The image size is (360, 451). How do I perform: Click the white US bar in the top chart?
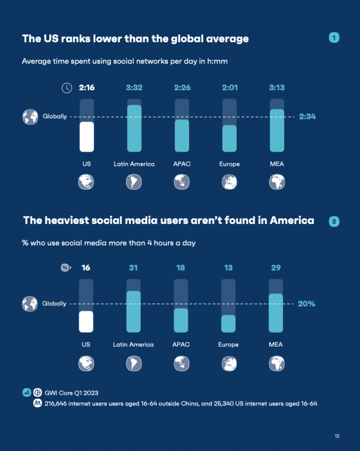[87, 137]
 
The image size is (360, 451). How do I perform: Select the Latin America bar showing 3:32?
[134, 128]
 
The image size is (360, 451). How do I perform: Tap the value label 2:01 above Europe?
[229, 88]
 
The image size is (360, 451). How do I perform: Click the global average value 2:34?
[307, 117]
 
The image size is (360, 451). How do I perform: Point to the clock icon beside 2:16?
[67, 88]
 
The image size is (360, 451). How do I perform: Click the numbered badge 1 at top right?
[334, 38]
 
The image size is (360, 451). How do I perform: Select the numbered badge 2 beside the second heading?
[334, 222]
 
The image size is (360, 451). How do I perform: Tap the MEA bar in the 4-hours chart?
[276, 313]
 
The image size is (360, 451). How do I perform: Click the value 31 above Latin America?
[134, 268]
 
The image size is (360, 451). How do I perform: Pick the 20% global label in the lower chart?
[307, 303]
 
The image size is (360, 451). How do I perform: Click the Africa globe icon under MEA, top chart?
[277, 182]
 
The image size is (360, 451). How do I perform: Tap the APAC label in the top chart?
[182, 164]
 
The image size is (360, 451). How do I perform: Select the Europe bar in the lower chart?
[228, 323]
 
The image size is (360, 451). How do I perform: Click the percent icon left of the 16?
[65, 268]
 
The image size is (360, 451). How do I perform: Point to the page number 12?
[337, 436]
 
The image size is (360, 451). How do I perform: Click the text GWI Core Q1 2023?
[71, 392]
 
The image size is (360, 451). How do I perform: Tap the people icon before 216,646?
[37, 403]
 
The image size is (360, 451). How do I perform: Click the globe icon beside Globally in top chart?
[30, 117]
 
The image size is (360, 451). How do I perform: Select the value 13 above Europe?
[228, 268]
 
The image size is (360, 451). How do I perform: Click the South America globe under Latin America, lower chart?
[133, 363]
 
